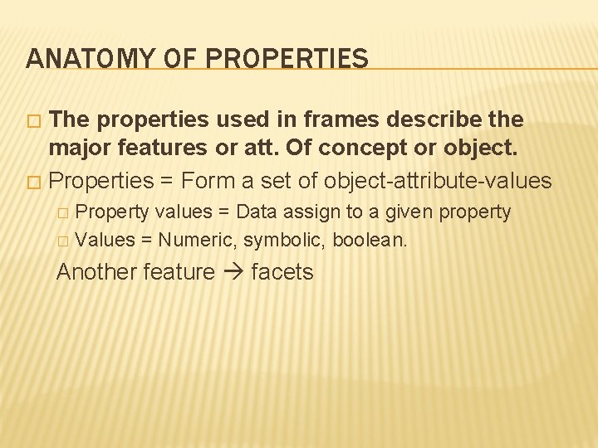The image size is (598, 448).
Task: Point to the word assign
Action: (x=313, y=212)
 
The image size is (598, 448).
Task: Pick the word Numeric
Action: (x=198, y=241)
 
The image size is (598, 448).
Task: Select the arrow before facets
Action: (x=233, y=272)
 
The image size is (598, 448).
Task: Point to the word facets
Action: (x=282, y=272)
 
